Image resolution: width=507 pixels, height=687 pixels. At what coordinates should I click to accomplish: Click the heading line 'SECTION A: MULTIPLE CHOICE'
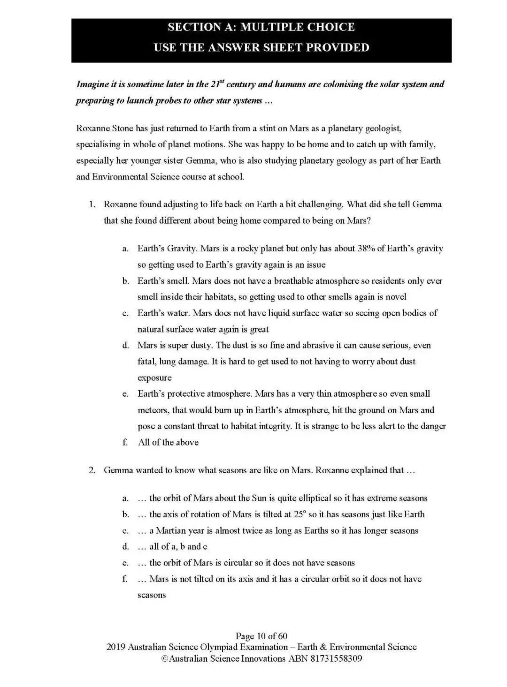(x=261, y=27)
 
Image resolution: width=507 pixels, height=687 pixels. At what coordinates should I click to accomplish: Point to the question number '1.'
(x=92, y=204)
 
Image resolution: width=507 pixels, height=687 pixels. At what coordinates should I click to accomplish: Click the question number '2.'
(x=92, y=470)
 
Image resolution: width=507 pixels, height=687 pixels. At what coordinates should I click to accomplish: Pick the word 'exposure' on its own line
(x=154, y=377)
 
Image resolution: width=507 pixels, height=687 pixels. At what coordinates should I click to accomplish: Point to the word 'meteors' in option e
(x=153, y=410)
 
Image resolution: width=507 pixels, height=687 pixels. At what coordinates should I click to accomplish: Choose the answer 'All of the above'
(x=168, y=442)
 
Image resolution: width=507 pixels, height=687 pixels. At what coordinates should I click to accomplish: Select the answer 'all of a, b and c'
(x=178, y=546)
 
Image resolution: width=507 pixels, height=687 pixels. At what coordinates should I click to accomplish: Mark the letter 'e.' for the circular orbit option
(x=125, y=563)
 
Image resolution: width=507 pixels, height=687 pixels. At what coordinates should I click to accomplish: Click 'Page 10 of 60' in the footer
(x=261, y=636)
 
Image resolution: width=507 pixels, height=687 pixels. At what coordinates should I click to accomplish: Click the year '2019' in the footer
(x=116, y=647)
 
